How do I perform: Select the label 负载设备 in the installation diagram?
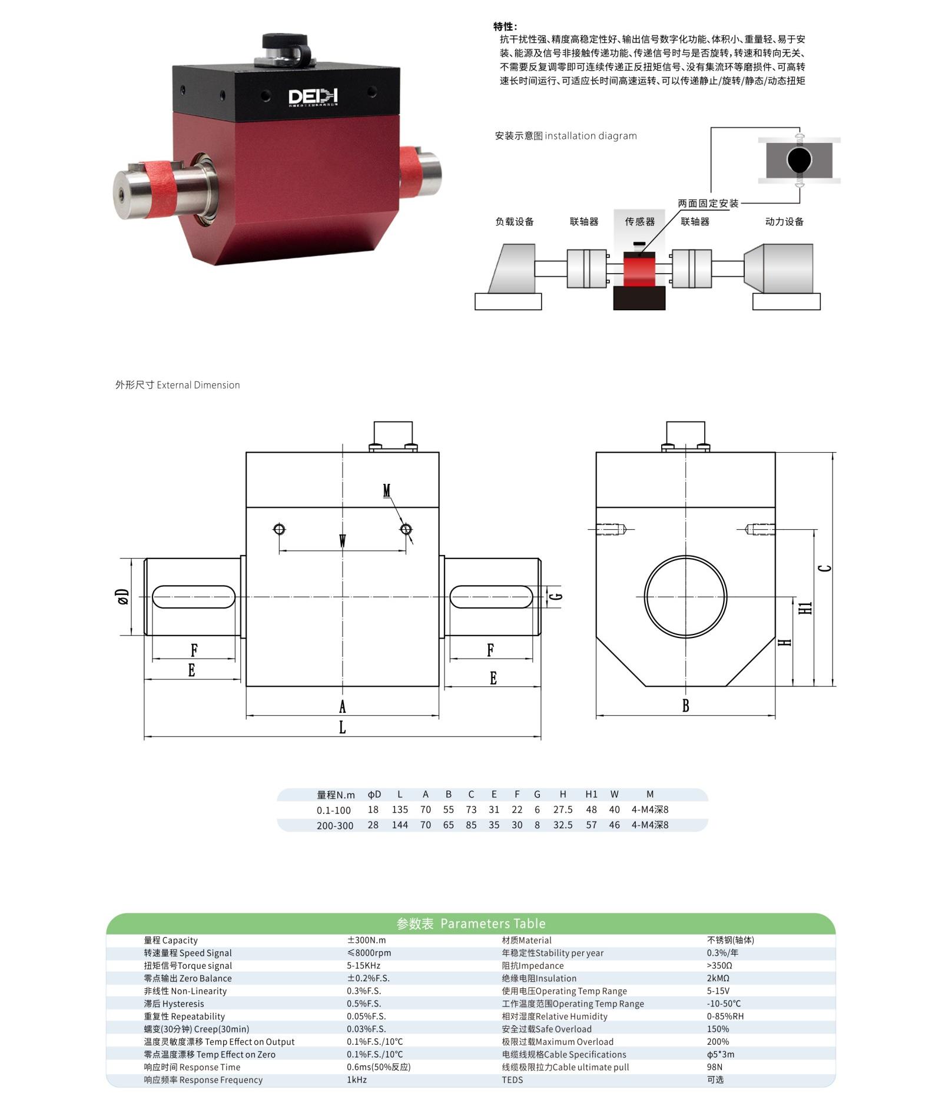tap(515, 222)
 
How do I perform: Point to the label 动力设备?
tap(784, 222)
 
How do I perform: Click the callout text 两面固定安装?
tap(708, 204)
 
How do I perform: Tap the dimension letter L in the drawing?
tap(342, 727)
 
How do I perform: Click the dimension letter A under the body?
tap(342, 706)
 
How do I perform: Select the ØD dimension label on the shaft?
tap(122, 597)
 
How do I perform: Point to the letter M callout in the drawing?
tap(387, 490)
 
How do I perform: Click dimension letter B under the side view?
tap(685, 706)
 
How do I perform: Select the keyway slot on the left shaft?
tap(194, 597)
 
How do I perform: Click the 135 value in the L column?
tap(400, 810)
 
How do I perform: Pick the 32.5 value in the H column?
tap(563, 825)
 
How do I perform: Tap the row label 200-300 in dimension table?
tap(335, 826)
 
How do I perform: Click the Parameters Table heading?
tap(471, 923)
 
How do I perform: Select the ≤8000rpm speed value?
tap(369, 953)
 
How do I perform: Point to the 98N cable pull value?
tap(715, 1067)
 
